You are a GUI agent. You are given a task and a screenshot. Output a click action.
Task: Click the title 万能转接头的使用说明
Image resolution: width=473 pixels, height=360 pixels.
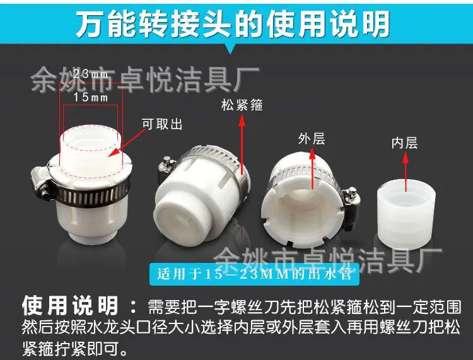[233, 24]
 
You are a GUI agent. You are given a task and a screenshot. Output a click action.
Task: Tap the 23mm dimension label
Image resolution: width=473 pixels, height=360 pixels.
[91, 74]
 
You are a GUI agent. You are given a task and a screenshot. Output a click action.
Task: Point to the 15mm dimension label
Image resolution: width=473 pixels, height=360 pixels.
[91, 97]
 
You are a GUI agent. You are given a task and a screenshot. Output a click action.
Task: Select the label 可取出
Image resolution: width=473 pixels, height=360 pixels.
[162, 124]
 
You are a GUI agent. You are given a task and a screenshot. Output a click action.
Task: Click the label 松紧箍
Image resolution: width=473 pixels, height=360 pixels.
[242, 105]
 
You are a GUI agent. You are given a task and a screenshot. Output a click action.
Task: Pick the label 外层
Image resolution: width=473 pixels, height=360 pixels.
[312, 139]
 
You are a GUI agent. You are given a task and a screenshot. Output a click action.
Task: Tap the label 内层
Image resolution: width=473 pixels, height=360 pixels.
[404, 143]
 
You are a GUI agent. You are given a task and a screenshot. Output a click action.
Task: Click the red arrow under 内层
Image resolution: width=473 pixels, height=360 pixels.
[406, 172]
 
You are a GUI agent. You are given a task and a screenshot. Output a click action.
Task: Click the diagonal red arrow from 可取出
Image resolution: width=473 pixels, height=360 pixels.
[126, 143]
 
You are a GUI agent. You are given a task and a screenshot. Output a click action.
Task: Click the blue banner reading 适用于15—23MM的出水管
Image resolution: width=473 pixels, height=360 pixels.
[254, 274]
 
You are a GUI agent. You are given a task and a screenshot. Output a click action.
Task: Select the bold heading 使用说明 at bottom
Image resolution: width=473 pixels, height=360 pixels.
[70, 306]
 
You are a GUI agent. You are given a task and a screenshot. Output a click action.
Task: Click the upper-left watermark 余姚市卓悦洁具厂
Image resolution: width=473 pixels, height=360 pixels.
[145, 79]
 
